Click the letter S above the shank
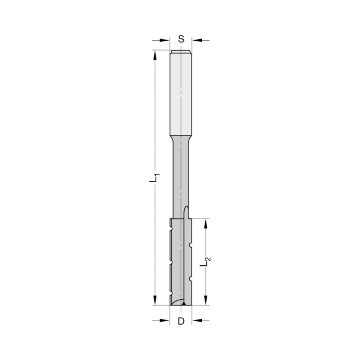point(181,39)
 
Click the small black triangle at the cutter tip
point(184,304)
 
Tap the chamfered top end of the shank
point(181,51)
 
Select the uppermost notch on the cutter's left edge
point(171,229)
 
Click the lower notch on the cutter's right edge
point(191,278)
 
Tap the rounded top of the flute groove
point(186,208)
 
